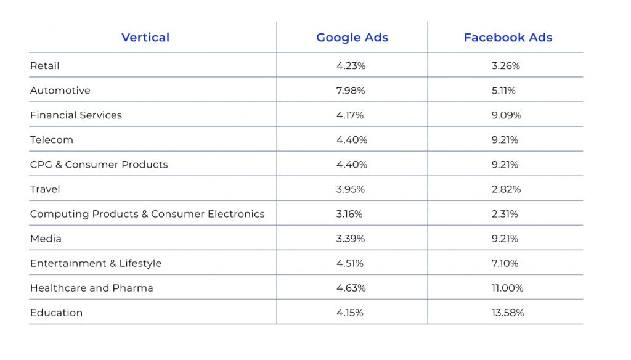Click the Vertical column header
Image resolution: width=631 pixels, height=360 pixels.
(x=145, y=38)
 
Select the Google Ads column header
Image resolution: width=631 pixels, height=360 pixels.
(x=352, y=38)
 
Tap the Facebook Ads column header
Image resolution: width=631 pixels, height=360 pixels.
(x=508, y=38)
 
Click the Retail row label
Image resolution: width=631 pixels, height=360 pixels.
(x=45, y=66)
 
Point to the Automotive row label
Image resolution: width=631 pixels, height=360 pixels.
(x=60, y=91)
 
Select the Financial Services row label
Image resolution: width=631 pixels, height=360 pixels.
(x=76, y=115)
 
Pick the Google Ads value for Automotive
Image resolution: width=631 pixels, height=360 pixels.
(x=351, y=91)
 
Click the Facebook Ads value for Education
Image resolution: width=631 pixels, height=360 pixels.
(x=508, y=313)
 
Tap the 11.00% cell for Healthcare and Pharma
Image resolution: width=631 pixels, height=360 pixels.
(x=508, y=288)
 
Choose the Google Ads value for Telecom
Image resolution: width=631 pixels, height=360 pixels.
(x=352, y=140)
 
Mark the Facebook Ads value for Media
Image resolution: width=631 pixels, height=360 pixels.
(x=505, y=239)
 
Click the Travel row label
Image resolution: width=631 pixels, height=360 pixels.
(x=46, y=189)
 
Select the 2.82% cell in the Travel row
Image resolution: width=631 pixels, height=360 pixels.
(x=506, y=189)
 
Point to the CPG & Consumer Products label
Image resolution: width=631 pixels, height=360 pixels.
(x=99, y=165)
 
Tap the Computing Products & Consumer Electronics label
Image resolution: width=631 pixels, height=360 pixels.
(x=147, y=214)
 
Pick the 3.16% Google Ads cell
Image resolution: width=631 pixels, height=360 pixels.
(x=349, y=214)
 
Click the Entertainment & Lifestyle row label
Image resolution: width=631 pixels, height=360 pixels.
(x=96, y=263)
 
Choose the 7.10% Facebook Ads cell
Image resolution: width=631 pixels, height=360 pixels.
(x=505, y=263)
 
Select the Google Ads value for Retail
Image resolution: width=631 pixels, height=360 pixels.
(x=351, y=66)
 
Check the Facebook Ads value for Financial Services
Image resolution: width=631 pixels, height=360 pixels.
(x=506, y=115)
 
